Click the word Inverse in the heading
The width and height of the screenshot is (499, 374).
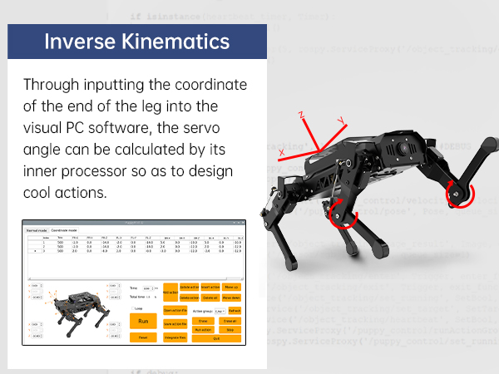tap(79, 41)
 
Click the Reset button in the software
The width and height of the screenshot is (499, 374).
tap(142, 337)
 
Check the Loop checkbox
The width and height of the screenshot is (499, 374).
tap(132, 308)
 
